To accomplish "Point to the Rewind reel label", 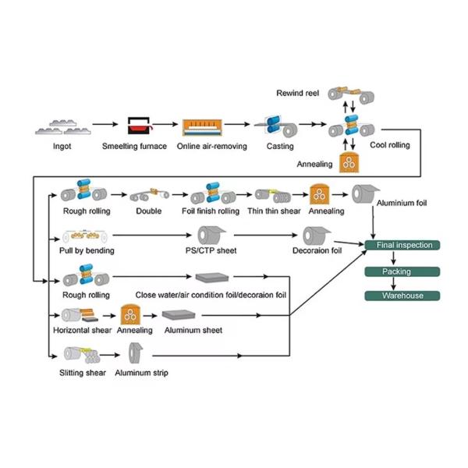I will (297, 94).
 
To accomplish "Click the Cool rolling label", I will (389, 145).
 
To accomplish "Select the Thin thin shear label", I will (275, 211).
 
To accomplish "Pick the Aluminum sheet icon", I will (182, 315).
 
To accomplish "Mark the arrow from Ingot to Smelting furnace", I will (102, 123).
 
